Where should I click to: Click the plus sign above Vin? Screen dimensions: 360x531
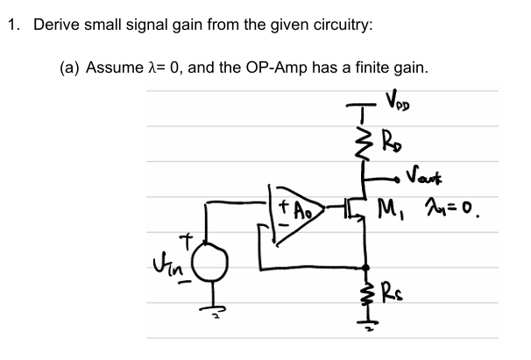186,238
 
